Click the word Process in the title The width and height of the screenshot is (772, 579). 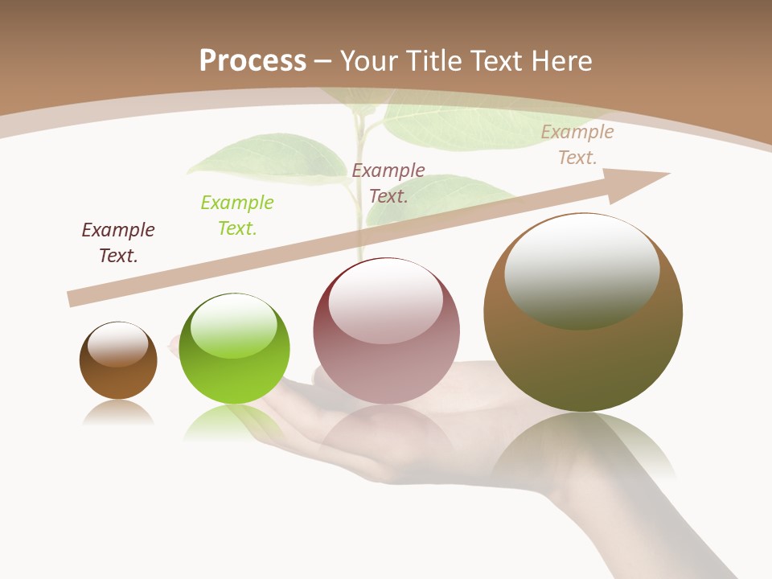point(253,60)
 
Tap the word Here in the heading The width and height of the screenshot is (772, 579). point(560,60)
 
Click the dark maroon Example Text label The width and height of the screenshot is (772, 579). point(118,243)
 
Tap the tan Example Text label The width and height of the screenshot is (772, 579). point(577,145)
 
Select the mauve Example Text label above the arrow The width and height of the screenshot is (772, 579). point(388,183)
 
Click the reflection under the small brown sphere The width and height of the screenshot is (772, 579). point(118,413)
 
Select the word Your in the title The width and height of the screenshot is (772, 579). point(371,60)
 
